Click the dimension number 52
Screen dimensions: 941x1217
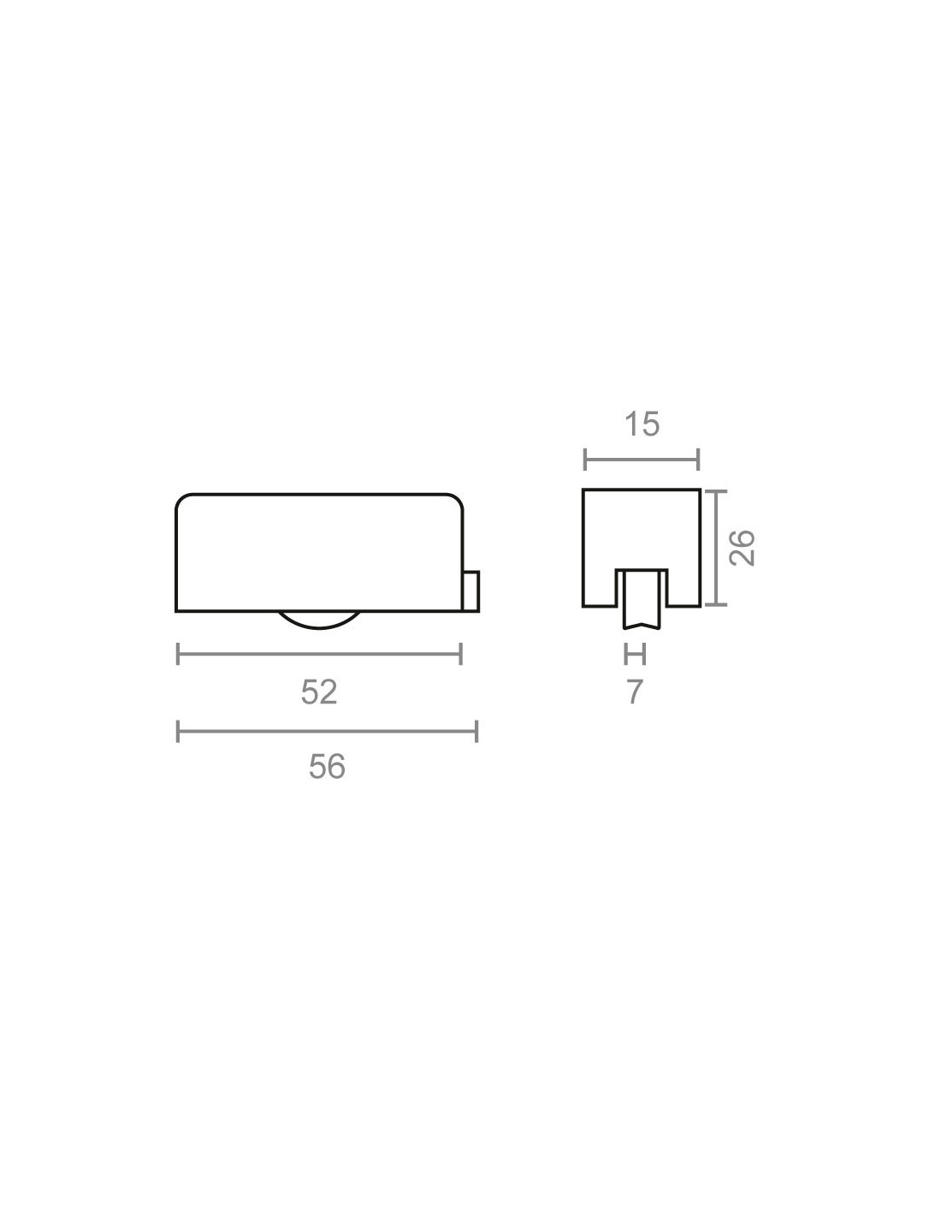click(x=318, y=692)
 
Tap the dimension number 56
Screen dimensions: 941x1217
click(x=327, y=767)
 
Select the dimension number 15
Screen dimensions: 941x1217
click(x=642, y=424)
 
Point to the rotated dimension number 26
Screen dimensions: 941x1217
click(x=743, y=547)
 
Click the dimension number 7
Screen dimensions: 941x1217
click(x=634, y=692)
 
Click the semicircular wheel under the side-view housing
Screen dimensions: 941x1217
click(x=319, y=620)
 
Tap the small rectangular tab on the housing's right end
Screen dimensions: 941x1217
click(x=471, y=591)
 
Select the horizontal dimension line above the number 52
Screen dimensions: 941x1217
click(x=319, y=654)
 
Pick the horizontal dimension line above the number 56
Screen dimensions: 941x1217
click(x=327, y=732)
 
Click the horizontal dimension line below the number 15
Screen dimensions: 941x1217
click(x=642, y=460)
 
